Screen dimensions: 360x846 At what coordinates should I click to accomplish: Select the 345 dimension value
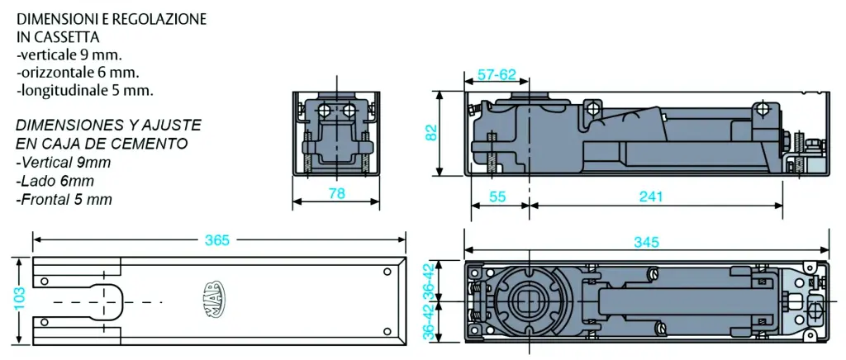pos(645,242)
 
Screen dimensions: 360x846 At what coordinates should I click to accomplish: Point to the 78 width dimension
pos(336,194)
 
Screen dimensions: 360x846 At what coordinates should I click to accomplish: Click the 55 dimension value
pos(497,197)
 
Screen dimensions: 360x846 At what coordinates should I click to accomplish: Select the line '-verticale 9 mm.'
pos(69,55)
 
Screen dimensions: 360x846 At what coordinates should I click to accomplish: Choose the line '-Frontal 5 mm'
pos(64,199)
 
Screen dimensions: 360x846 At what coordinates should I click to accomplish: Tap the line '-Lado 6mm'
pos(55,181)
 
